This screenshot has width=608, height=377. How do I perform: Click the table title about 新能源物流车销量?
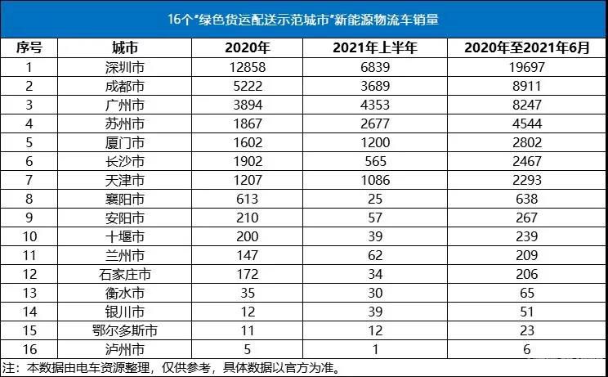pos(303,18)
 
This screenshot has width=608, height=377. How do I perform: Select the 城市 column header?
pos(127,48)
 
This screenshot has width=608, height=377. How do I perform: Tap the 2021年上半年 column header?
pos(375,48)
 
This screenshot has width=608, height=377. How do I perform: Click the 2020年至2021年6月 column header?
pos(526,48)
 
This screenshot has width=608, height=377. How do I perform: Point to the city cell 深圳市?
pos(127,67)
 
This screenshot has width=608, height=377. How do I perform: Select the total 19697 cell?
pos(526,67)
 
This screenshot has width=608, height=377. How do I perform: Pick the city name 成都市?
pos(127,86)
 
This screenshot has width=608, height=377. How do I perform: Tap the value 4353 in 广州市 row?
pos(375,105)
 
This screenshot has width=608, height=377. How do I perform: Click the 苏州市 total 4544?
pos(526,123)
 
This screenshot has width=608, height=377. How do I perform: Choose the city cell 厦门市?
pos(127,142)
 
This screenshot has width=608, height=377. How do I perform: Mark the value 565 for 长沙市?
pos(375,161)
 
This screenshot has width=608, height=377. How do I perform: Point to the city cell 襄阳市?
pos(127,199)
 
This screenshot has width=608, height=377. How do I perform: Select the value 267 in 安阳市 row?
pos(526,218)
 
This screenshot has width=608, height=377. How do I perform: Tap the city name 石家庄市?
pos(127,274)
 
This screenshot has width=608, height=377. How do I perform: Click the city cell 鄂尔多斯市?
pos(127,330)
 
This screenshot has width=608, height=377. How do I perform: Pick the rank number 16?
pos(29,349)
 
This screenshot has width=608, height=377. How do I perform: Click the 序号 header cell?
pos(29,48)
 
